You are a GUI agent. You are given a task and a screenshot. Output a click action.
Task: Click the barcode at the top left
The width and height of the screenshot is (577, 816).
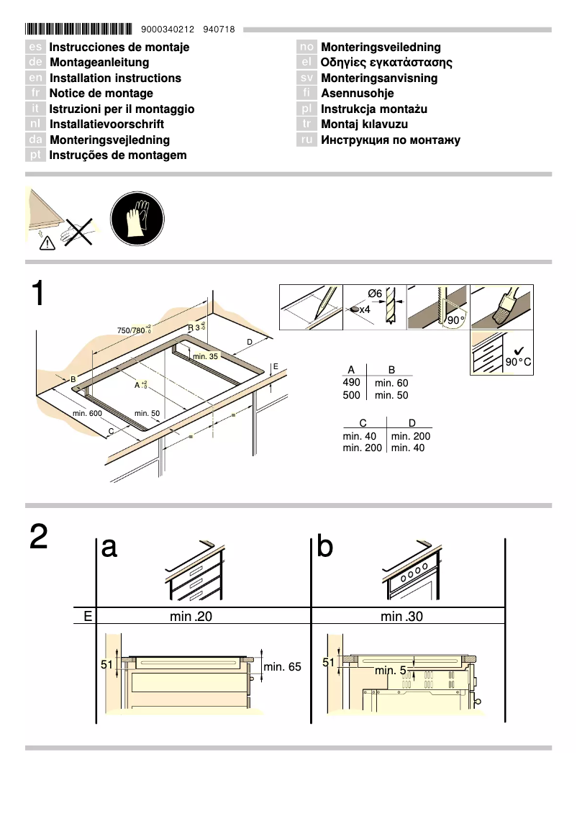(x=78, y=30)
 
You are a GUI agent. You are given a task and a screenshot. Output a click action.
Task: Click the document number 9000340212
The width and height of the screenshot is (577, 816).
(x=168, y=30)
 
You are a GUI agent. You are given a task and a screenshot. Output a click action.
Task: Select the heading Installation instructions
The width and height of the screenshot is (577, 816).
(x=115, y=78)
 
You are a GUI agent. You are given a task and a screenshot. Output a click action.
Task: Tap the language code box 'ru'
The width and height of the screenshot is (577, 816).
(x=307, y=140)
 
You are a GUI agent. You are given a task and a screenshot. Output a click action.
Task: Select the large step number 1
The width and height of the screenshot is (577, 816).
(x=40, y=296)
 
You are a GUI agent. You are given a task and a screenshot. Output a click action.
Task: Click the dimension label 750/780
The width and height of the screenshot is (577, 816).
(x=133, y=330)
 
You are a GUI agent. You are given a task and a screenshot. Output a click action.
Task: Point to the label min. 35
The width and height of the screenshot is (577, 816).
(x=205, y=356)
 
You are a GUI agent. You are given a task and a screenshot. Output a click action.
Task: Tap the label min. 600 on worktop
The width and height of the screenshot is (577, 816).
(x=87, y=413)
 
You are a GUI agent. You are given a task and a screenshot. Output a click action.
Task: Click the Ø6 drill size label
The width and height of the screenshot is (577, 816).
(x=374, y=294)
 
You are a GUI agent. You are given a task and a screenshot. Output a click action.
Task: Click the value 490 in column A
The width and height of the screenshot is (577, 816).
(x=351, y=383)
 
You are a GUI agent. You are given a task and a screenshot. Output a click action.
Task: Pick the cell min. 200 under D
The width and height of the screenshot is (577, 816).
(x=411, y=436)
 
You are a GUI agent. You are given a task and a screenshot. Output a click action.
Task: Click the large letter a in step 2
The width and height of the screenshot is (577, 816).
(x=109, y=548)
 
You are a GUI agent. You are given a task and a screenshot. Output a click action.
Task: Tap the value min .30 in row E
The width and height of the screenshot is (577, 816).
(x=401, y=617)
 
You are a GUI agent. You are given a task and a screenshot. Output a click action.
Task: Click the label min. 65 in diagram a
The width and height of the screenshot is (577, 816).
(x=282, y=667)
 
